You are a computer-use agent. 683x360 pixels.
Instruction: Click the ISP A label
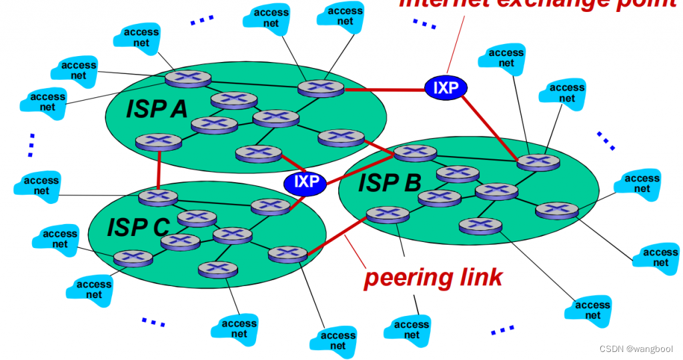click(157, 109)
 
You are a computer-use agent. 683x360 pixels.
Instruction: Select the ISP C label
click(139, 227)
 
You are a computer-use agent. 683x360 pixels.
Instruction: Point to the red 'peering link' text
click(433, 277)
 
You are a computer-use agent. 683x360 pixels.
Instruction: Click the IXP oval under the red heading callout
click(446, 87)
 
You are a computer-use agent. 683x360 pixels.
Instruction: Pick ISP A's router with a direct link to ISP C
click(158, 142)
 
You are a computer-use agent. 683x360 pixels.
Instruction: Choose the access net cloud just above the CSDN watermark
click(592, 310)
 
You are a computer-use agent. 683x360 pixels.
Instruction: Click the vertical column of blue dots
click(31, 145)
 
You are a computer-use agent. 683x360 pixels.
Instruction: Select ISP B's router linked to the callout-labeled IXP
click(538, 162)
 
